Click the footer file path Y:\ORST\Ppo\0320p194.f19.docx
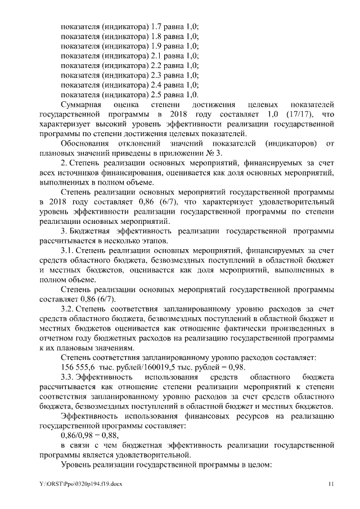click(82, 484)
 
